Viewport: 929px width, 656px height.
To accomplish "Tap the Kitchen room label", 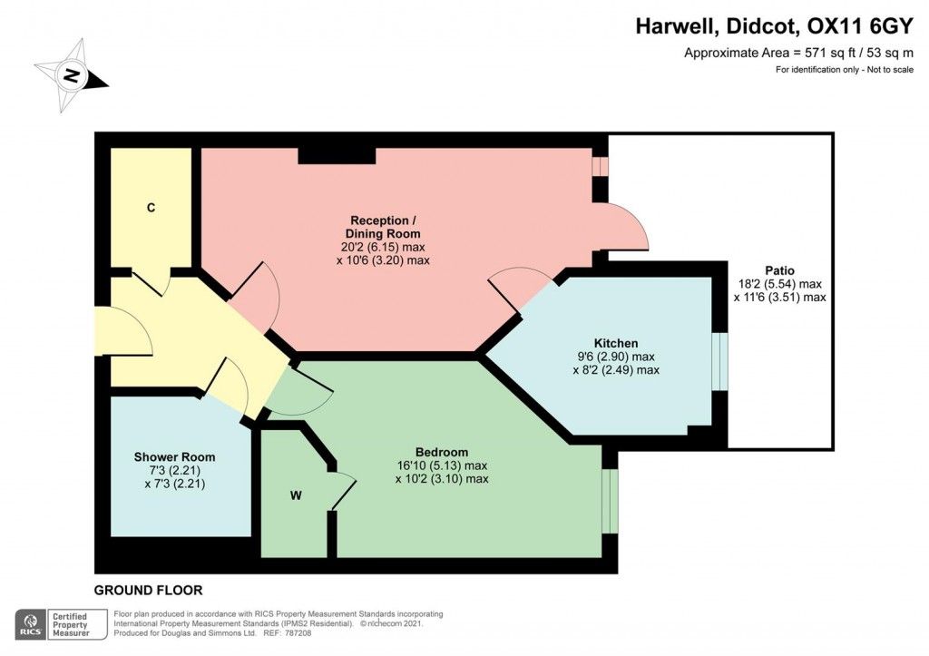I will [x=616, y=343].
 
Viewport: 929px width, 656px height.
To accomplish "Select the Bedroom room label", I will [x=441, y=452].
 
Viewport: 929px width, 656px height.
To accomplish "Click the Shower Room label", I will [x=174, y=456].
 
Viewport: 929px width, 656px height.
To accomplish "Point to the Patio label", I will [x=779, y=270].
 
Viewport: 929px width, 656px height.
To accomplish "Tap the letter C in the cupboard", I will [x=152, y=208].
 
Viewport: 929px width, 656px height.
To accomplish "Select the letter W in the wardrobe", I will [x=296, y=494].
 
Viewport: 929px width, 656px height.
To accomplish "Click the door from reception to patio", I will [x=626, y=227].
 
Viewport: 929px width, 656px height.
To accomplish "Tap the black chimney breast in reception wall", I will [x=337, y=156].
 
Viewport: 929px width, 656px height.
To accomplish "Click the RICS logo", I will [x=29, y=624].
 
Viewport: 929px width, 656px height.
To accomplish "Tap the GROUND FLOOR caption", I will [x=148, y=590].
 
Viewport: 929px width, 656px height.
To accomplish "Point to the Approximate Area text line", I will [x=798, y=53].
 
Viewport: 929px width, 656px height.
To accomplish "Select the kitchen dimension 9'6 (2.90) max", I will [x=616, y=357].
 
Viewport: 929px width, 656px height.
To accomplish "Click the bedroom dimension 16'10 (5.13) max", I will [x=442, y=465].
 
